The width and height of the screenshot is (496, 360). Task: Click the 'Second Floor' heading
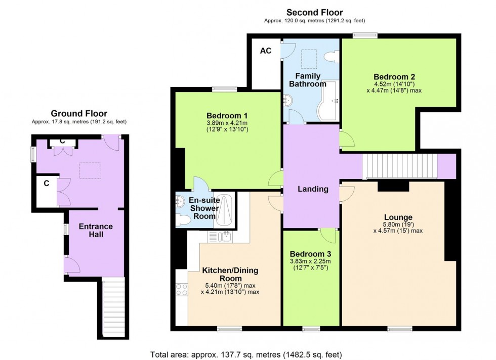coord(314,12)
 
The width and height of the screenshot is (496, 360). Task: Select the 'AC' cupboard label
coord(266,51)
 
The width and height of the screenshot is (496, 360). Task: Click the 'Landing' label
coord(313,189)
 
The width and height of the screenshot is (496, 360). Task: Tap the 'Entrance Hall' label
coord(96,231)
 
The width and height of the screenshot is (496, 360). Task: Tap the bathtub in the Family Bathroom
coord(327,101)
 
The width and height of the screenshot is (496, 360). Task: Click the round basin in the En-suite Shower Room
coord(179,201)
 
